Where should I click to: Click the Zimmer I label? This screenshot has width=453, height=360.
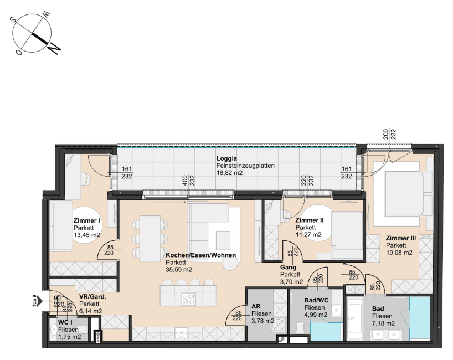pyautogui.click(x=87, y=221)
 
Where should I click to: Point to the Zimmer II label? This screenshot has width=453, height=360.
pyautogui.click(x=310, y=220)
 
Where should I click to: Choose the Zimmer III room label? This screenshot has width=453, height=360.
pyautogui.click(x=401, y=238)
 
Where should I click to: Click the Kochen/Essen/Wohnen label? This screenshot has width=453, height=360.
pyautogui.click(x=201, y=255)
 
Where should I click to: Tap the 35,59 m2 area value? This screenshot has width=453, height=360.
pyautogui.click(x=179, y=270)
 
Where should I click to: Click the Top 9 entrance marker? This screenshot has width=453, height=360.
pyautogui.click(x=37, y=301)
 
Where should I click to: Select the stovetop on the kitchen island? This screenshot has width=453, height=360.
pyautogui.click(x=188, y=299)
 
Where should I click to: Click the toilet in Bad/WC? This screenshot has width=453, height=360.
pyautogui.click(x=300, y=328)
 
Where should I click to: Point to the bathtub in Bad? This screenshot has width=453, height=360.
pyautogui.click(x=354, y=319)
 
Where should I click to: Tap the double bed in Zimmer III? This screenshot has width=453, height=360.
pyautogui.click(x=409, y=194)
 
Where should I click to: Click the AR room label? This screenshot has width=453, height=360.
pyautogui.click(x=256, y=306)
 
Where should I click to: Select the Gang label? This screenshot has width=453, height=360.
pyautogui.click(x=288, y=268)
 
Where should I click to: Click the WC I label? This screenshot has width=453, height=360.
pyautogui.click(x=65, y=322)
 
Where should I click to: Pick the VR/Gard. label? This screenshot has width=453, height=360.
pyautogui.click(x=92, y=296)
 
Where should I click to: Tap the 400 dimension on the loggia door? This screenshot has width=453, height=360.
pyautogui.click(x=185, y=181)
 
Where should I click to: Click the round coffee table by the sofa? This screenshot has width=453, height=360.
pyautogui.click(x=230, y=263)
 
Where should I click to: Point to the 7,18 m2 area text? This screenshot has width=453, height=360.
pyautogui.click(x=383, y=323)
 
